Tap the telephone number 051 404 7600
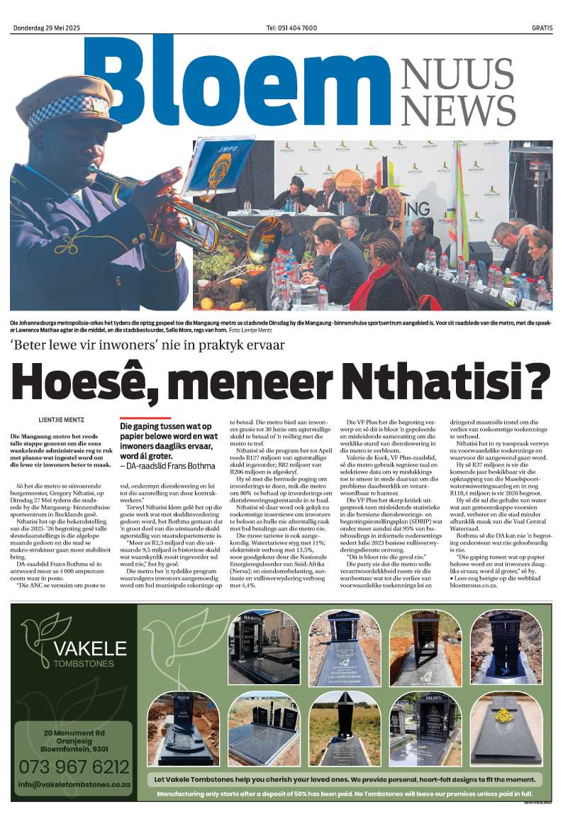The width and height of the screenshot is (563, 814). point(291,28)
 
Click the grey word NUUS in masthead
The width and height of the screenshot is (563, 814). point(457,74)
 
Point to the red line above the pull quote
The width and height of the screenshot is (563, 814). point(145,418)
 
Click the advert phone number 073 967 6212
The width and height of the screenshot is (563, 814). point(74,766)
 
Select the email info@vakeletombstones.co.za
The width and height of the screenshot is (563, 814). point(74,784)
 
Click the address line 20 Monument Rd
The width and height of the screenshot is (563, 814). point(74,732)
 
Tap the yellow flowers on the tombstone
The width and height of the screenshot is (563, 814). point(504,715)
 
